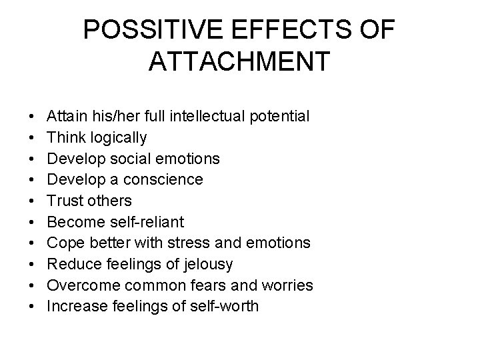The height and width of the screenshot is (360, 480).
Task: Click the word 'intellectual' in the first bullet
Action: point(218,117)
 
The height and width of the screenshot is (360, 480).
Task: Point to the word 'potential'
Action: point(283,117)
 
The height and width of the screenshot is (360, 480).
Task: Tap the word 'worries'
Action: point(288,285)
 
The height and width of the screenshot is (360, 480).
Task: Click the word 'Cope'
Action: point(64,243)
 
